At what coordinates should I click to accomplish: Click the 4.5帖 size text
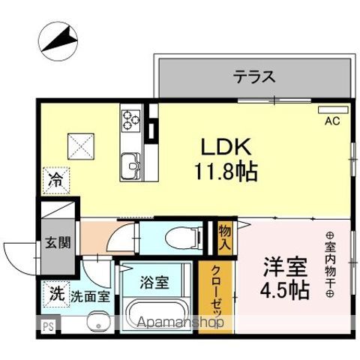[x=284, y=291]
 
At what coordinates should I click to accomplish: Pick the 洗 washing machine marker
[x=56, y=295]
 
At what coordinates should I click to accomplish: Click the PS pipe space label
[x=48, y=326]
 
